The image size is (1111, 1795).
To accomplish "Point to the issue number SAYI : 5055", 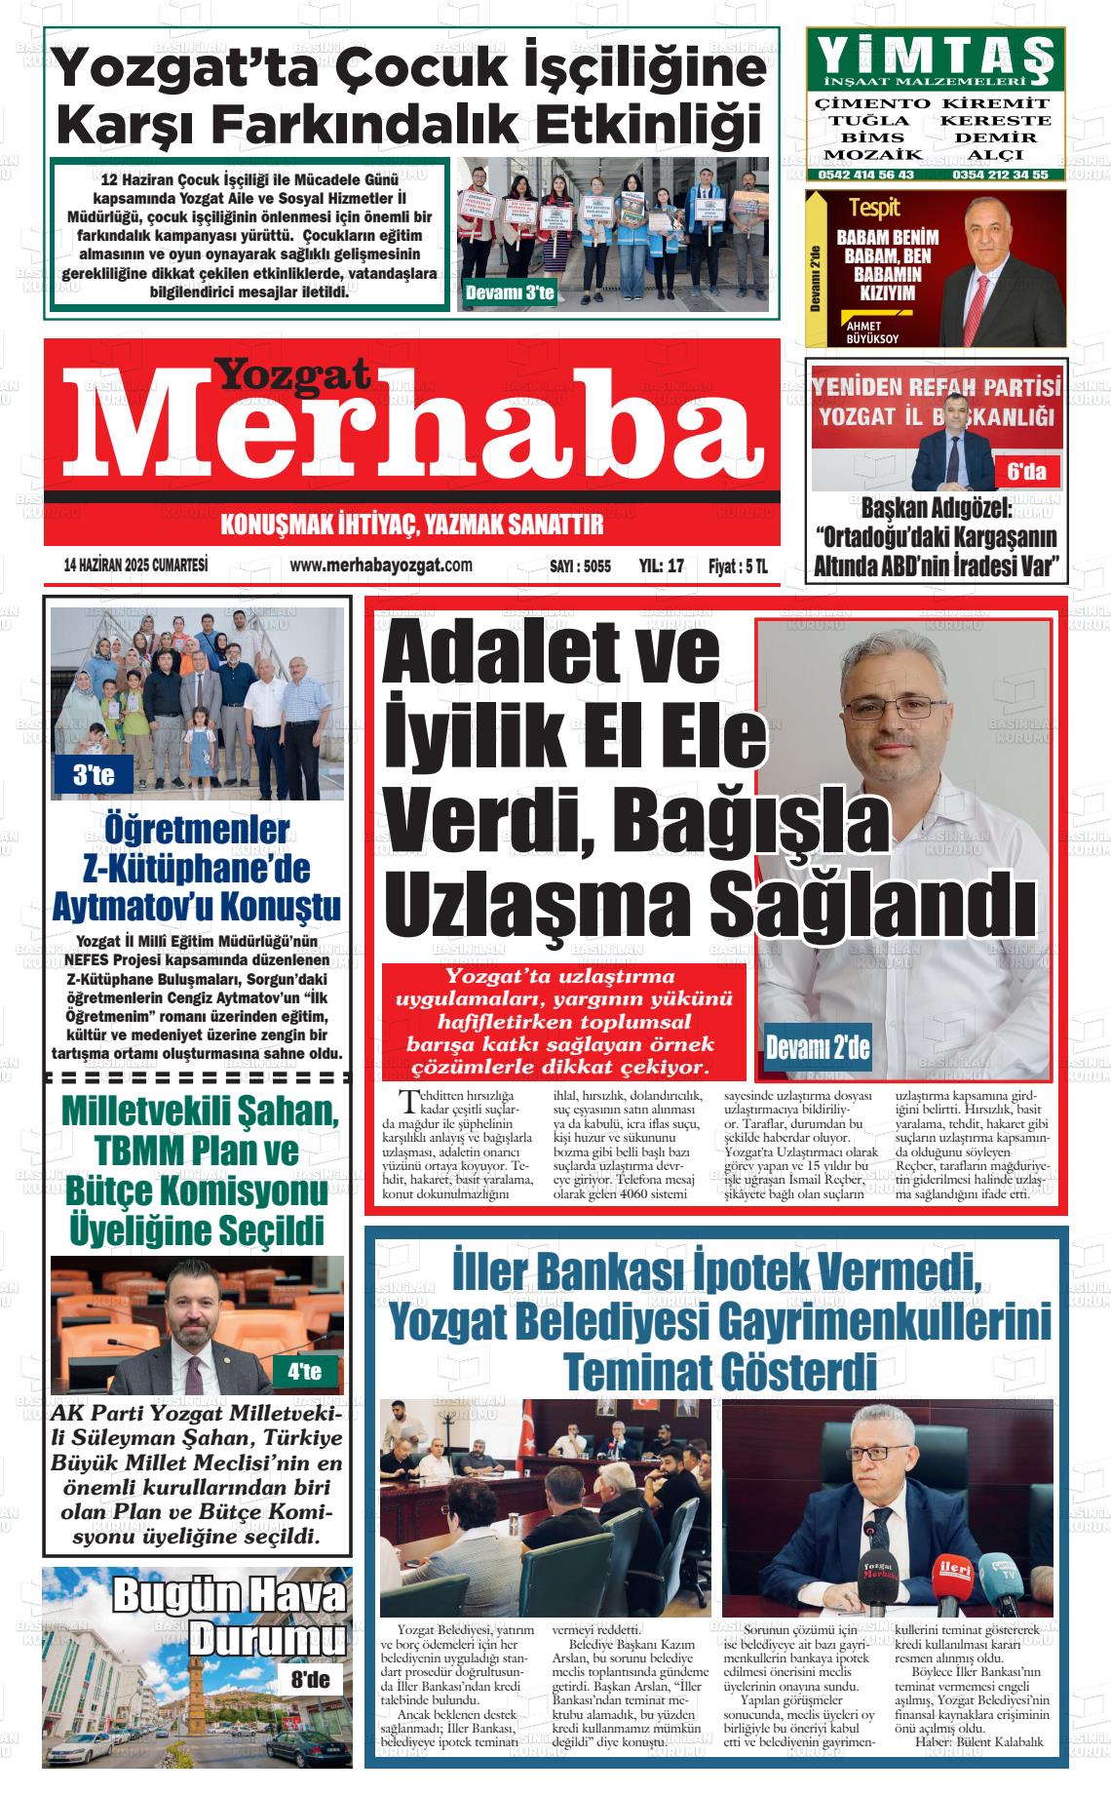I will [580, 566].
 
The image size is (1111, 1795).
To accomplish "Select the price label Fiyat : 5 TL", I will [738, 566].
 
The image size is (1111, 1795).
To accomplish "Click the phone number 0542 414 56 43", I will [866, 175].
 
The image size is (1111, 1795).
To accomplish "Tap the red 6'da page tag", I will [1026, 473].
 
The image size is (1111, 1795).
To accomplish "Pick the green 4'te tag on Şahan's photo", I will [305, 1372].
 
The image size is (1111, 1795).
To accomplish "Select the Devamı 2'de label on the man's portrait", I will [817, 1049].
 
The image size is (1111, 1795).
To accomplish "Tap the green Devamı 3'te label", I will [510, 293].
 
